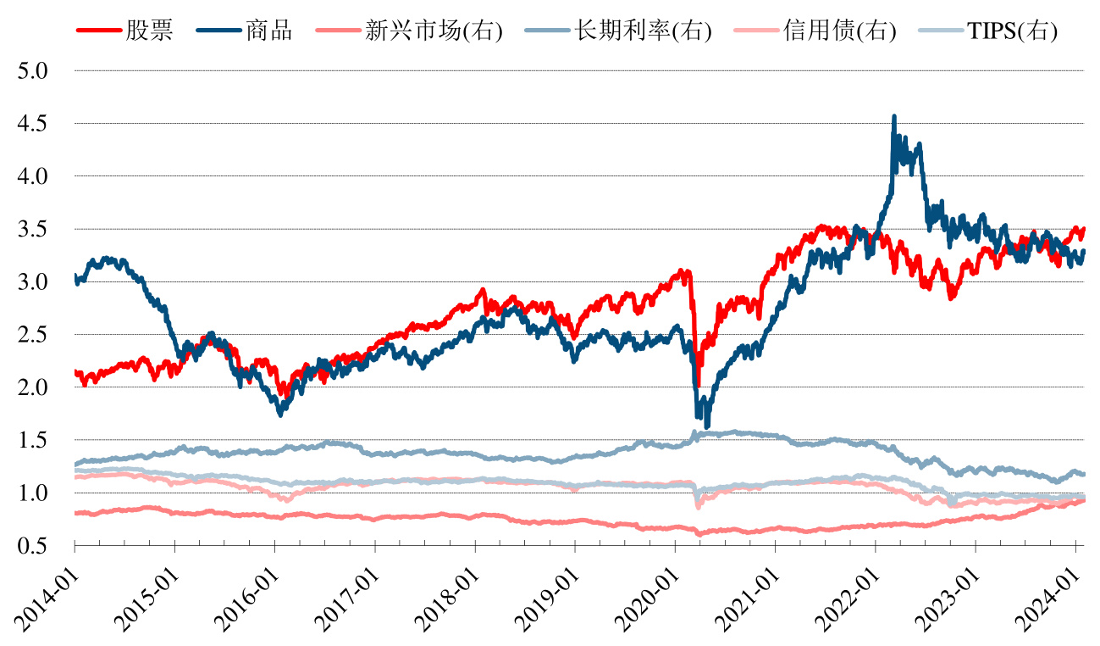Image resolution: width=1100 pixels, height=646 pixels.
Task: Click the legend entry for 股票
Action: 149,31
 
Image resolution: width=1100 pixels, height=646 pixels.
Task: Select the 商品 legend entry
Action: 268,31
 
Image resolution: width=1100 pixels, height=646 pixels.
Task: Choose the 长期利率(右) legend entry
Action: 643,31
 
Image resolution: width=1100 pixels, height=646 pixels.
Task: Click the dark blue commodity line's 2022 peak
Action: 894,117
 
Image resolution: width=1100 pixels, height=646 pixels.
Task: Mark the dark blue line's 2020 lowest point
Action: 707,426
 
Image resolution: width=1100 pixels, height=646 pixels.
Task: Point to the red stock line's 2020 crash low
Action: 699,387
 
